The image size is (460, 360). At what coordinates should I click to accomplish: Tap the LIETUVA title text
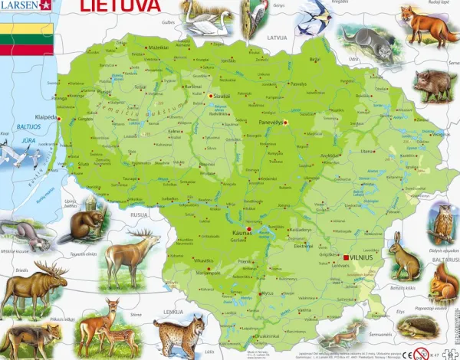pos(119,7)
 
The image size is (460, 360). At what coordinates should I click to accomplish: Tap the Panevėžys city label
pos(270,119)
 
